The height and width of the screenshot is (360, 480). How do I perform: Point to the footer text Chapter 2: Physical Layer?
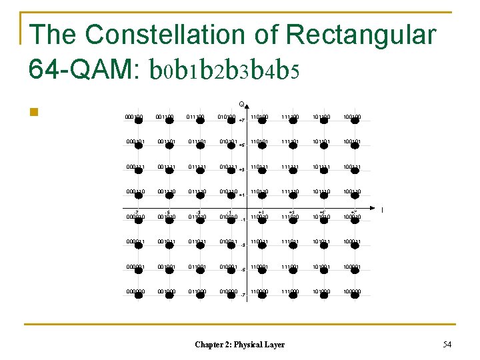[x=239, y=345]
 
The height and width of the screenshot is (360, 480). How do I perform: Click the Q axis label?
[x=241, y=104]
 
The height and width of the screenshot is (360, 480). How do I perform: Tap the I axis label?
[x=382, y=211]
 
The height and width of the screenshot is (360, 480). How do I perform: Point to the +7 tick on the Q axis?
[x=242, y=121]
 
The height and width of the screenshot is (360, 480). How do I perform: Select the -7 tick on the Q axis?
[x=242, y=295]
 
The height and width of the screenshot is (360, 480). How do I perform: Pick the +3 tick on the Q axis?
[x=242, y=170]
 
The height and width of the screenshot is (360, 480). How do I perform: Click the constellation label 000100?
[x=134, y=117]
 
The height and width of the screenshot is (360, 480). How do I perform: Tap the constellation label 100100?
[x=353, y=117]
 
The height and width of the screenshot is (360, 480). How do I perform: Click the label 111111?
[x=290, y=167]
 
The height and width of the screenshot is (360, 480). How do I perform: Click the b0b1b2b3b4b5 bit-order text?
[x=223, y=69]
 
